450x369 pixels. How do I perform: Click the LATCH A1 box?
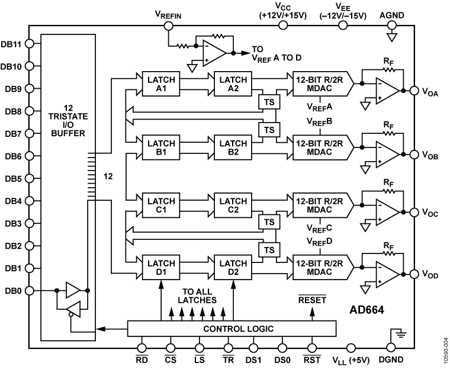tap(160, 83)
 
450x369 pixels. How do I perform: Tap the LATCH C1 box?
tap(160, 204)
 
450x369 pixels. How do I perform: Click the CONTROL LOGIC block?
tap(232, 328)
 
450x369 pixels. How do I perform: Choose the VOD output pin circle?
tap(413, 274)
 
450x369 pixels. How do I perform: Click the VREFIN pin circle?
tap(168, 25)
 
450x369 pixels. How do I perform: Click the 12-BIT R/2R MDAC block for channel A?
tap(320, 83)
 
